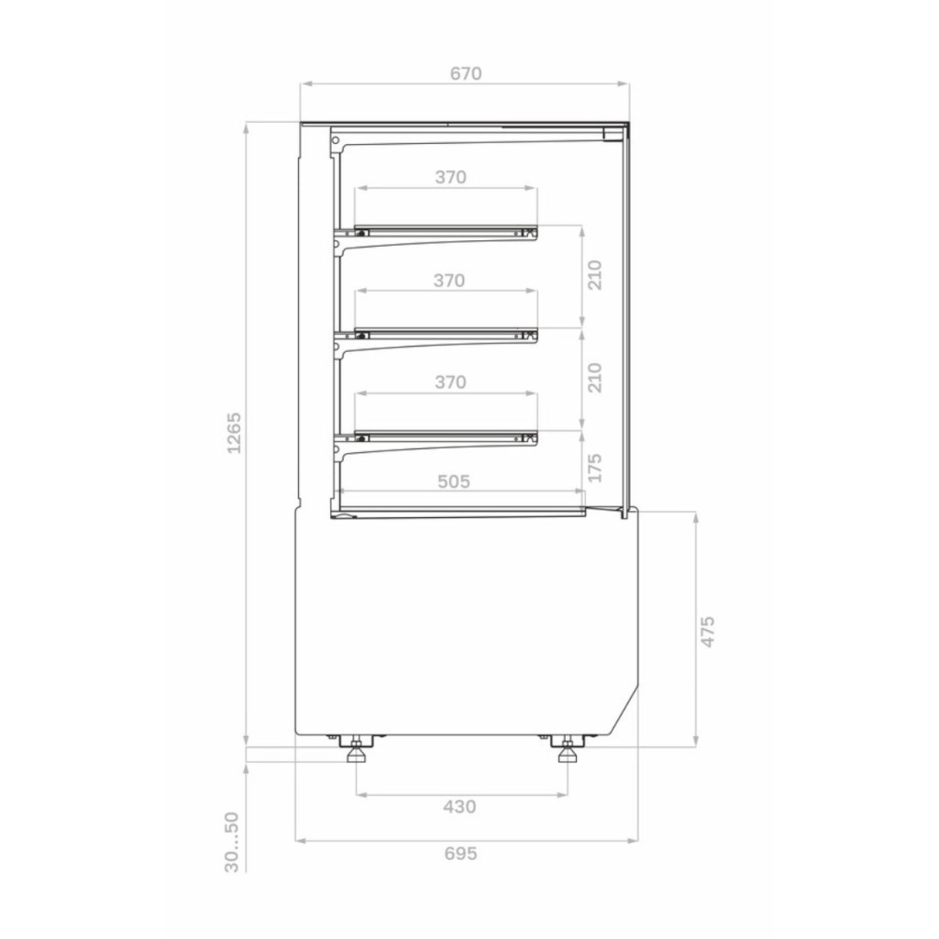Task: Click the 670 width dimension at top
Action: pyautogui.click(x=465, y=73)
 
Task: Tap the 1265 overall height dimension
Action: pyautogui.click(x=234, y=433)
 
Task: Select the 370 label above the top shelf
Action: pyautogui.click(x=450, y=177)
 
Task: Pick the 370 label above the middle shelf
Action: pyautogui.click(x=449, y=281)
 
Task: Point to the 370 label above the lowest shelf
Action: pyautogui.click(x=450, y=382)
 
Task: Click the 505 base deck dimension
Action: pyautogui.click(x=454, y=481)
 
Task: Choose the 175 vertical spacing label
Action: pyautogui.click(x=594, y=468)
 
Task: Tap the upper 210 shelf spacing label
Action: pyautogui.click(x=594, y=275)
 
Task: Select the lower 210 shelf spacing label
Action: pyautogui.click(x=594, y=377)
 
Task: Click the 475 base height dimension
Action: pyautogui.click(x=708, y=631)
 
